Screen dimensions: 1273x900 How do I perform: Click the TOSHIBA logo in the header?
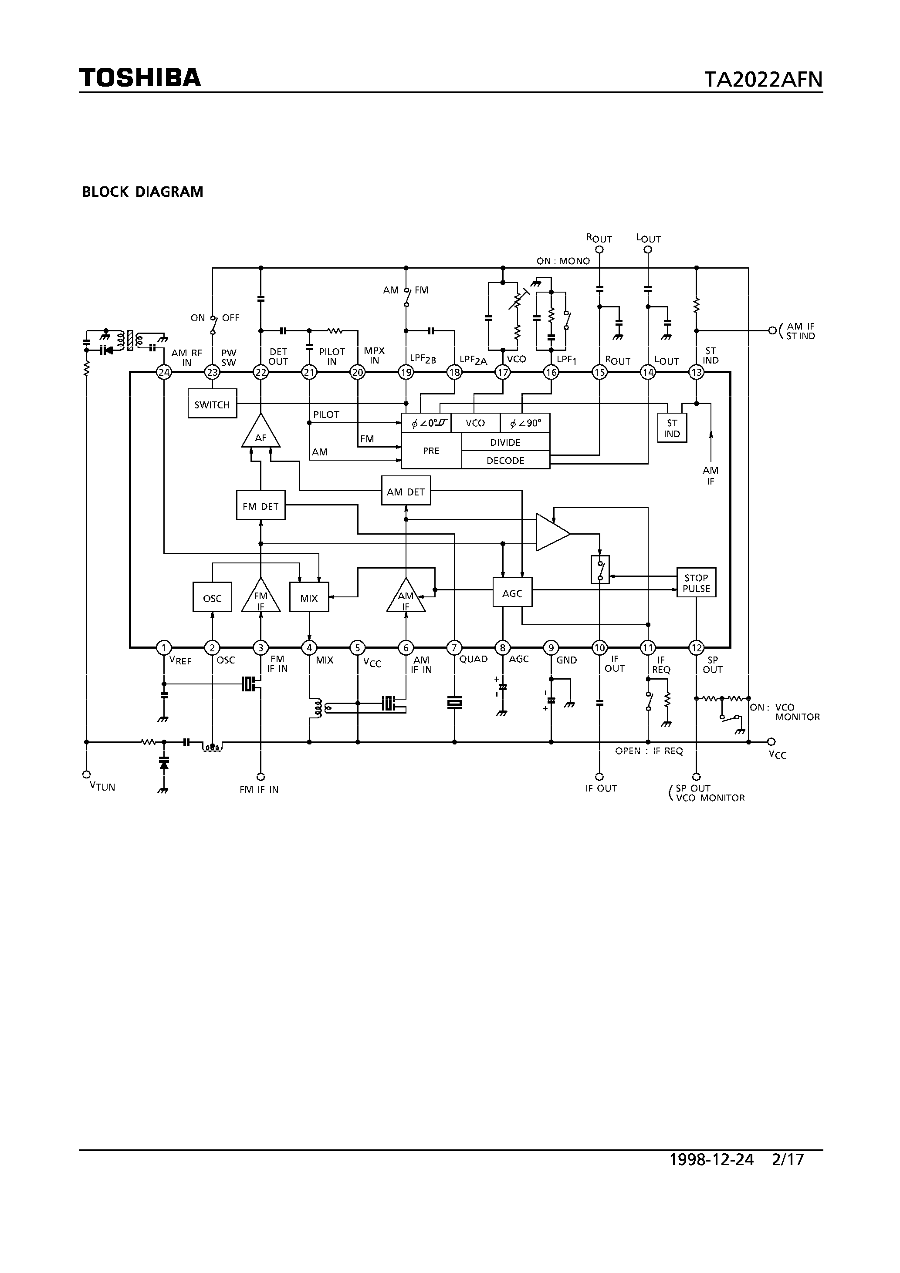click(x=139, y=77)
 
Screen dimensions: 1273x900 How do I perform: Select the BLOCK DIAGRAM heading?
click(x=142, y=192)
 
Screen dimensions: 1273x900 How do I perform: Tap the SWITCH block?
click(x=212, y=404)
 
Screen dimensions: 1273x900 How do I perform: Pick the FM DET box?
click(x=261, y=505)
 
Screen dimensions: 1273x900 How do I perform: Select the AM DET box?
click(x=406, y=491)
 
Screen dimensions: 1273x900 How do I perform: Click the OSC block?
click(x=212, y=598)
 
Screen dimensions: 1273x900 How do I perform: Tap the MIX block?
click(x=309, y=598)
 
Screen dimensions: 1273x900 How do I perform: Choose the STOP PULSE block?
click(x=696, y=583)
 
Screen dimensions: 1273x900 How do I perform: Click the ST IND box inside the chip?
click(x=672, y=428)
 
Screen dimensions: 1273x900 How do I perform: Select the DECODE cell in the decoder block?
click(x=505, y=460)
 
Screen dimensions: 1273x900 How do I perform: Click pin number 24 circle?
click(x=164, y=373)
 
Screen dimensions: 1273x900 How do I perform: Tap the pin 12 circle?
click(x=696, y=647)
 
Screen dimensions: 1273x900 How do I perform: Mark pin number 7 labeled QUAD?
click(x=454, y=647)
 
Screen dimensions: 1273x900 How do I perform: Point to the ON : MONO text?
click(x=563, y=261)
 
